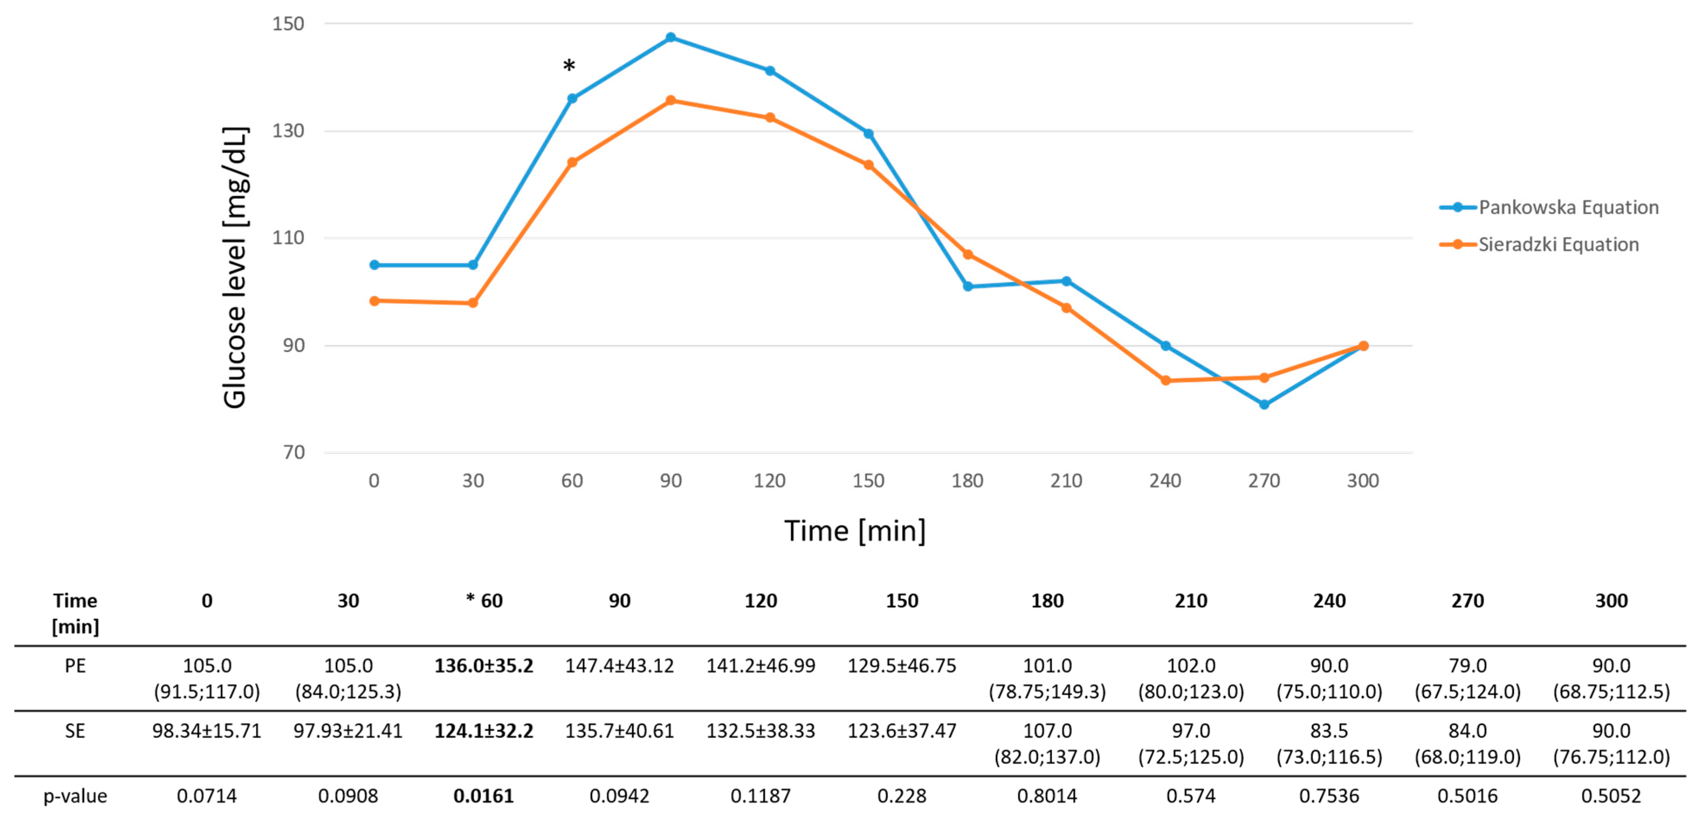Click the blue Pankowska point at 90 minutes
[x=670, y=38]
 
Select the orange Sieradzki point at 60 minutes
[x=572, y=162]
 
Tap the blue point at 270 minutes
[x=1264, y=404]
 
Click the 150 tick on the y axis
[x=288, y=24]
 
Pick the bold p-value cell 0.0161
[x=483, y=796]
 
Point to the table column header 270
[x=1467, y=601]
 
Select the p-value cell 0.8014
[x=1047, y=796]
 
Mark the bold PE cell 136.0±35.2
[x=483, y=666]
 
